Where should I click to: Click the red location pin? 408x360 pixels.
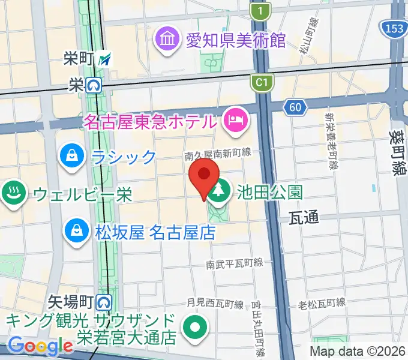tap(204, 176)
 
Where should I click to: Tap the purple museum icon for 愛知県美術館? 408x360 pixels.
tap(167, 40)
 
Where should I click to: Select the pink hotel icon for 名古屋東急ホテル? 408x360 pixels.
tap(233, 120)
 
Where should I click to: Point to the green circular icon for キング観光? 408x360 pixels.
tap(196, 328)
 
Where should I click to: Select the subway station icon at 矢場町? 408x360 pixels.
tap(105, 298)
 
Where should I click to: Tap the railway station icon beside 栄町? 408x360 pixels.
tap(106, 59)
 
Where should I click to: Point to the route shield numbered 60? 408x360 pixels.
tap(294, 107)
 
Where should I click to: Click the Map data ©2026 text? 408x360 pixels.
tap(357, 350)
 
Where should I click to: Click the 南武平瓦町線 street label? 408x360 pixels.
tap(235, 263)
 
